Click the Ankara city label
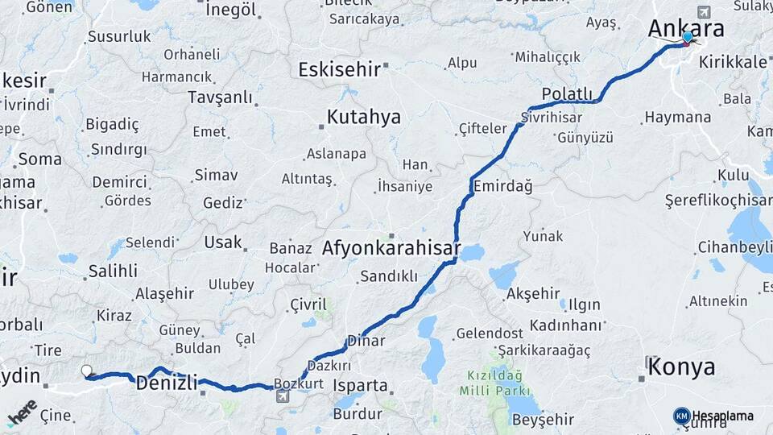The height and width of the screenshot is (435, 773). (x=686, y=28)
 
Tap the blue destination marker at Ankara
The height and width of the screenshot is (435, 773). (x=687, y=37)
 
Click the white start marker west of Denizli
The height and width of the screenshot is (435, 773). (x=87, y=371)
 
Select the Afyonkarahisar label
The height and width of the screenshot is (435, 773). (x=391, y=247)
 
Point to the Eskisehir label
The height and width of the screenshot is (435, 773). (x=339, y=69)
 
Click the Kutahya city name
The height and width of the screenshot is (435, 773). (x=363, y=118)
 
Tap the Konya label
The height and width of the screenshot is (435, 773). (x=681, y=367)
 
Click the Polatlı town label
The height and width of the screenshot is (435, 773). (x=567, y=93)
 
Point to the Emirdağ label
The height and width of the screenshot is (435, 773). (x=503, y=187)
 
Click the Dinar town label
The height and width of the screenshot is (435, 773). (x=366, y=342)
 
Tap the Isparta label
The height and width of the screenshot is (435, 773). (x=360, y=385)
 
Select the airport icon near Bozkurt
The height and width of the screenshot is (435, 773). (x=282, y=396)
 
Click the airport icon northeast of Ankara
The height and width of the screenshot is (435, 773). (x=705, y=12)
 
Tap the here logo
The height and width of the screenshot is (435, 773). (x=22, y=412)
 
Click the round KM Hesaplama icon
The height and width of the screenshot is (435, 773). (x=681, y=416)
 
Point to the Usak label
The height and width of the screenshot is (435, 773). (x=222, y=242)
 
